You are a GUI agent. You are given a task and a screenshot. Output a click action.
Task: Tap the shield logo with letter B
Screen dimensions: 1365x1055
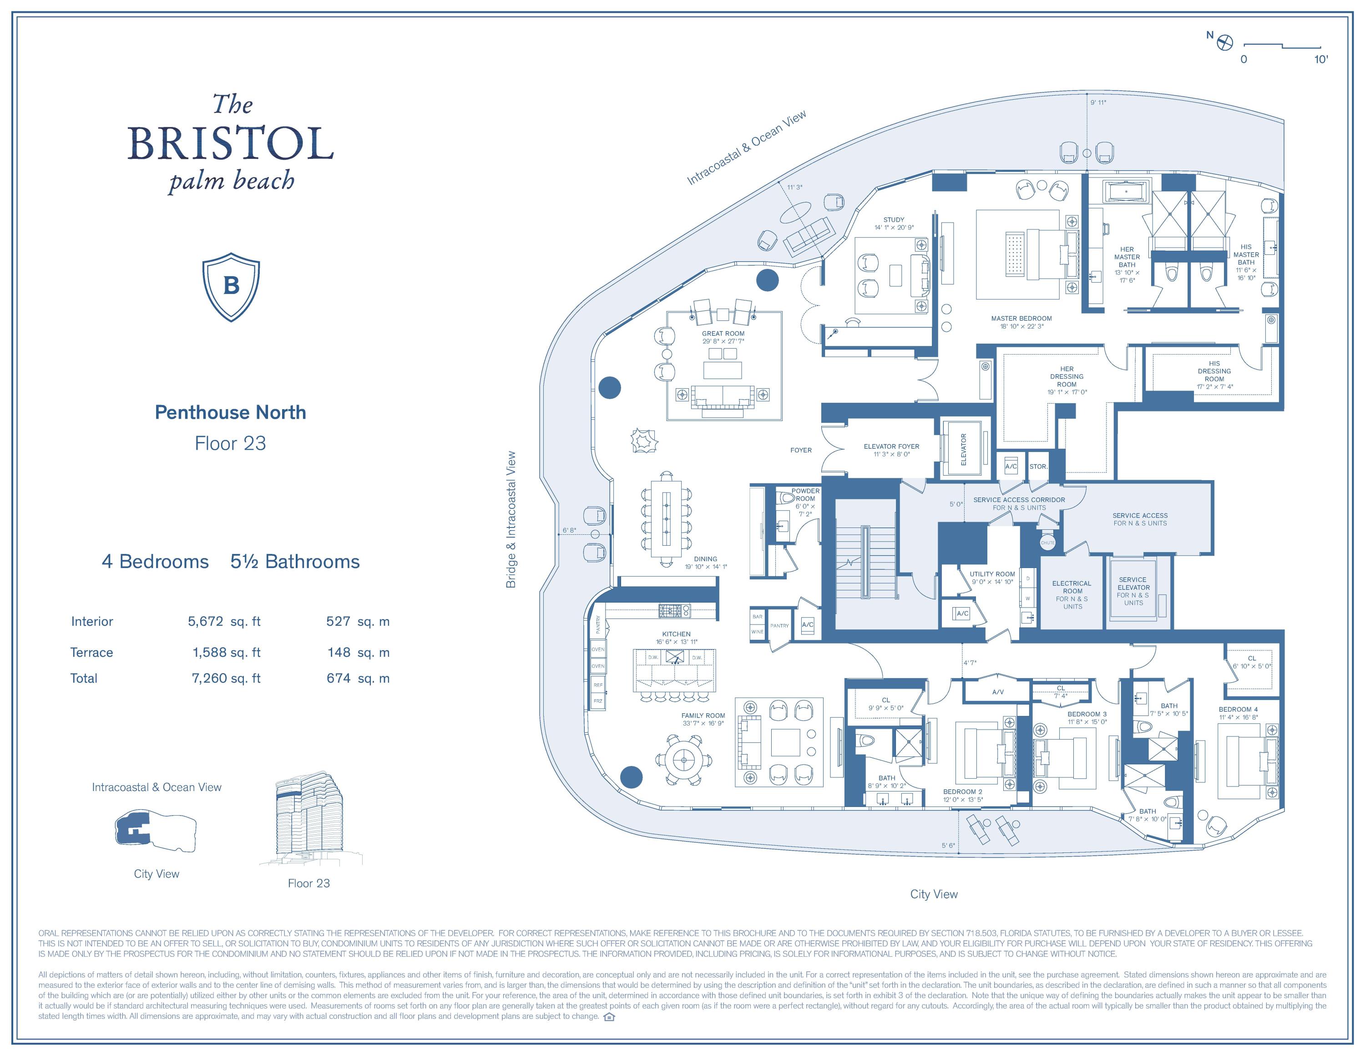(231, 287)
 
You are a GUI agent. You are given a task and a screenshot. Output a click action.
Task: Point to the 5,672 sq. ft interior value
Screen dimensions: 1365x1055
(224, 621)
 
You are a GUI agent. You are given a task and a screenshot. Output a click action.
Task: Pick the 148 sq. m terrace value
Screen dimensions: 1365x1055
(358, 653)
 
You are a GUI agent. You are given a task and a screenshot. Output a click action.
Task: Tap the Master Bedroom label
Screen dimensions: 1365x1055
(1021, 322)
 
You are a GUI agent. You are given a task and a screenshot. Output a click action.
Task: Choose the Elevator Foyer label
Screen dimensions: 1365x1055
(891, 450)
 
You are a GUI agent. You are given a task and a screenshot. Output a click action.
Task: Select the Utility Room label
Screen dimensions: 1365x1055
(992, 578)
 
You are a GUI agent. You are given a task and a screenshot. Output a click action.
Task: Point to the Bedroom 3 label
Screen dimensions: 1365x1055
(1087, 717)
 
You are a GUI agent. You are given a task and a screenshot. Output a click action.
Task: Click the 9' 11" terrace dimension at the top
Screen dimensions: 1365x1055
(1098, 102)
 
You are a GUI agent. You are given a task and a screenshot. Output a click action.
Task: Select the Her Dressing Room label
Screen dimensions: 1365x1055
(1067, 380)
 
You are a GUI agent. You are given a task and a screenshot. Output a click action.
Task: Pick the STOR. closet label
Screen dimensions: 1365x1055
(1038, 466)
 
